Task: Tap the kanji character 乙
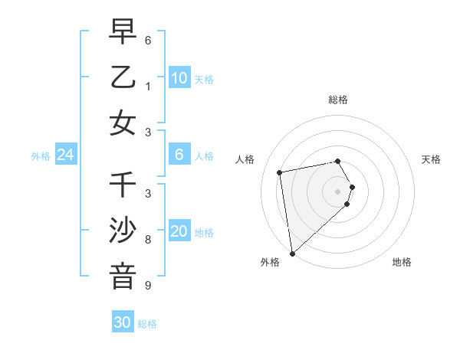(123, 78)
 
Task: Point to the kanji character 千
(123, 186)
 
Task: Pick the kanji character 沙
(123, 231)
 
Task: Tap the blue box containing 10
(179, 78)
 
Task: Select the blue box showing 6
(179, 155)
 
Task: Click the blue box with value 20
(179, 232)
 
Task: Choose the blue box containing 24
(65, 155)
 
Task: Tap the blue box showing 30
(122, 322)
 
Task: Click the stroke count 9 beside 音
(148, 286)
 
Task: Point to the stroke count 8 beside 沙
(148, 240)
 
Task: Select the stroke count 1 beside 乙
(148, 86)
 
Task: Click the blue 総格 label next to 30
(147, 324)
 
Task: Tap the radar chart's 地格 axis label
(402, 263)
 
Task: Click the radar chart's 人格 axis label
(245, 159)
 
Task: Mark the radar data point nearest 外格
(292, 254)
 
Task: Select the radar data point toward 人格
(280, 172)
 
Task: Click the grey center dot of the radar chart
(338, 190)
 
